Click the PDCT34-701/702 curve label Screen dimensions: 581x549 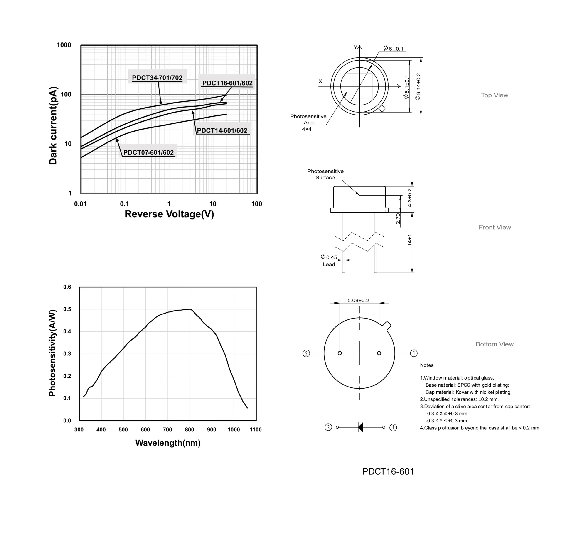coord(157,78)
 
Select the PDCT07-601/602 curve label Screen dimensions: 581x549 coord(148,152)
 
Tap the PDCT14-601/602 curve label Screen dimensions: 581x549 coord(222,130)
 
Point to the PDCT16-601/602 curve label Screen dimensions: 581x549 coord(227,83)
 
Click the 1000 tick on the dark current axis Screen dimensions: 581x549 coord(64,45)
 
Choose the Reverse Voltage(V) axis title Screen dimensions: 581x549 coord(169,214)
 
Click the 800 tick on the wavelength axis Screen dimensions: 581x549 coord(189,430)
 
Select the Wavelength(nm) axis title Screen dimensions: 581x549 coord(168,443)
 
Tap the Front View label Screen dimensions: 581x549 coord(495,227)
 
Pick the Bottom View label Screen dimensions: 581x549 coord(495,344)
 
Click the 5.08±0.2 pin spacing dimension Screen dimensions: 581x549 coord(358,301)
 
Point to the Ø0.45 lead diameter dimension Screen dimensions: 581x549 coord(329,257)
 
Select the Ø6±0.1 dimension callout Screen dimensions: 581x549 coord(394,48)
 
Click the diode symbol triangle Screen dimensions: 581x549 coord(361,427)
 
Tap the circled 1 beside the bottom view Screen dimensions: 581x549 coord(414,353)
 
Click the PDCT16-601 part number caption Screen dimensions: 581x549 coord(388,471)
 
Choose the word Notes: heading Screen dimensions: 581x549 coord(427,365)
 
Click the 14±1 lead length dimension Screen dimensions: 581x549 coord(410,240)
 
